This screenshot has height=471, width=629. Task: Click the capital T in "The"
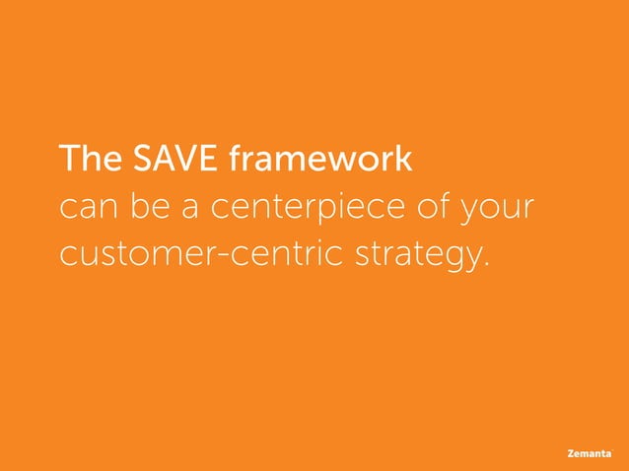pyautogui.click(x=68, y=159)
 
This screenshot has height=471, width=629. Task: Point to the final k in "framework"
pyautogui.click(x=404, y=159)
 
